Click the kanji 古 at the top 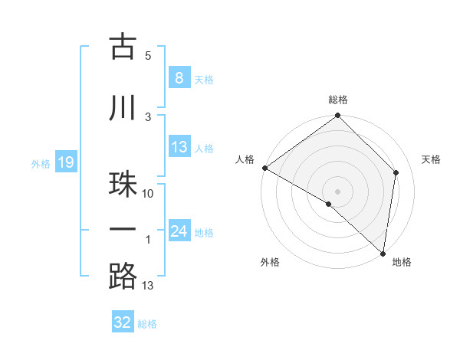click(x=123, y=47)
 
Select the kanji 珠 click(x=123, y=185)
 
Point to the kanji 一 click(x=123, y=230)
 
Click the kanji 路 click(x=123, y=277)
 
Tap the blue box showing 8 click(x=179, y=78)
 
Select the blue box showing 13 click(x=179, y=148)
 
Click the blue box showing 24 click(x=179, y=231)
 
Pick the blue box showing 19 click(x=65, y=162)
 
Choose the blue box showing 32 click(x=123, y=322)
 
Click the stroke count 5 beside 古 click(x=148, y=55)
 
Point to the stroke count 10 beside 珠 click(x=148, y=194)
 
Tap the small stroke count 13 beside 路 click(x=148, y=286)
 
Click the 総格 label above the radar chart click(x=338, y=100)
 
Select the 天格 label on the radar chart click(x=432, y=159)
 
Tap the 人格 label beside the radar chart click(x=245, y=159)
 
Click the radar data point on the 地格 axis click(x=383, y=254)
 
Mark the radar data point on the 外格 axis click(x=329, y=204)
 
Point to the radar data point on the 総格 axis click(x=338, y=116)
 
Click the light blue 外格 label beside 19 click(x=41, y=163)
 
